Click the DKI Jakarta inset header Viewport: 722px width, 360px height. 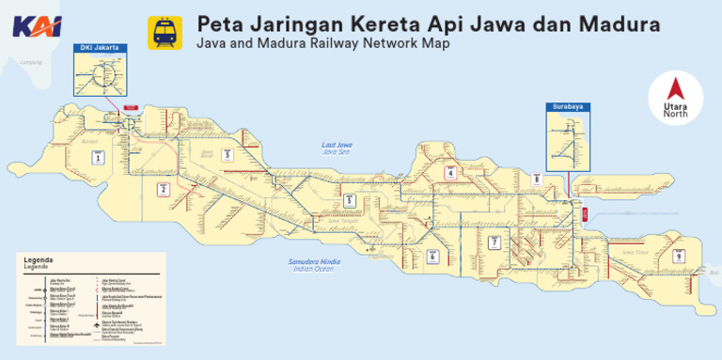click(x=100, y=47)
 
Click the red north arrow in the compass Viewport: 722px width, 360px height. click(x=673, y=91)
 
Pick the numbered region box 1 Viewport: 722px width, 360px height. click(x=96, y=158)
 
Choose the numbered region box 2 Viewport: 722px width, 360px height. click(x=163, y=190)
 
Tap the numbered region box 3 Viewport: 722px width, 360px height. click(x=228, y=154)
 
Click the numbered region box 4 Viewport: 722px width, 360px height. click(x=450, y=173)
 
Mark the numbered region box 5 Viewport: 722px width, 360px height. click(x=349, y=200)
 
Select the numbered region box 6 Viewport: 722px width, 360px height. click(x=433, y=255)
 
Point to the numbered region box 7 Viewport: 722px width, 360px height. click(x=494, y=243)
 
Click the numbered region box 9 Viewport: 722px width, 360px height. click(x=678, y=256)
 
